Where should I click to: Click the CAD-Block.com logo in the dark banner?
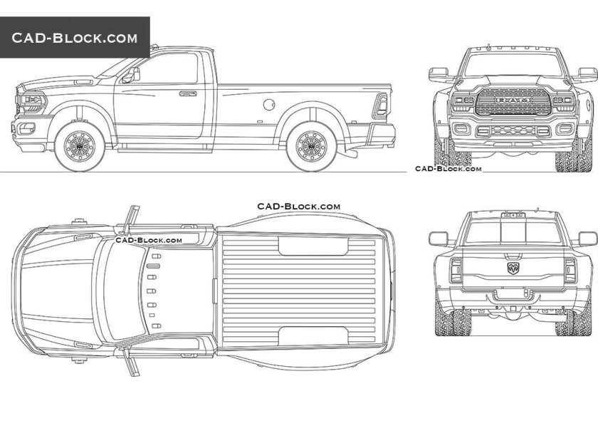[x=74, y=37]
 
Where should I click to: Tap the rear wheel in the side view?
[x=311, y=145]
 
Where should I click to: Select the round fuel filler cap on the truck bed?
[x=269, y=105]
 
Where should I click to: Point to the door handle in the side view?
[x=188, y=93]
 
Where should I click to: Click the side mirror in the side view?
[x=132, y=74]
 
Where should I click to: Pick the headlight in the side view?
[x=33, y=103]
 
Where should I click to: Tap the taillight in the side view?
[x=382, y=106]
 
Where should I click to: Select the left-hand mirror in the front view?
[x=437, y=73]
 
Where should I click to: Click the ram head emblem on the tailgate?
[x=513, y=268]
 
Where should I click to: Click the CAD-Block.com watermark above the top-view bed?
[x=298, y=206]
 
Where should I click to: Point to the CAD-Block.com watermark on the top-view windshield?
[x=149, y=240]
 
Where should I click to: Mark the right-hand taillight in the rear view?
[x=570, y=270]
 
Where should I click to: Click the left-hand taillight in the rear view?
[x=456, y=270]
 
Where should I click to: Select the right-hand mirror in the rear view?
[x=587, y=239]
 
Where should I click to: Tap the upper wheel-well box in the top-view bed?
[x=313, y=246]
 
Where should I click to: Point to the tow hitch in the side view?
[x=349, y=152]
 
